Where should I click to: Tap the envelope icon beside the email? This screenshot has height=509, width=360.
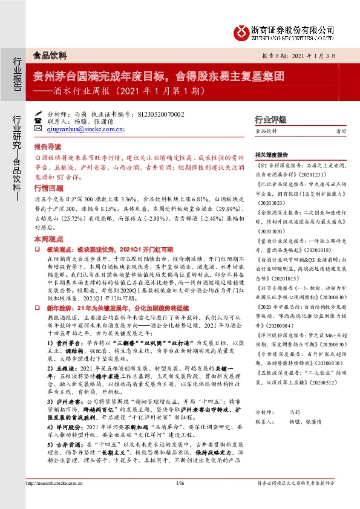pos(38,129)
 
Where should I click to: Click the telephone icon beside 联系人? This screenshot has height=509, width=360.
pos(38,121)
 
